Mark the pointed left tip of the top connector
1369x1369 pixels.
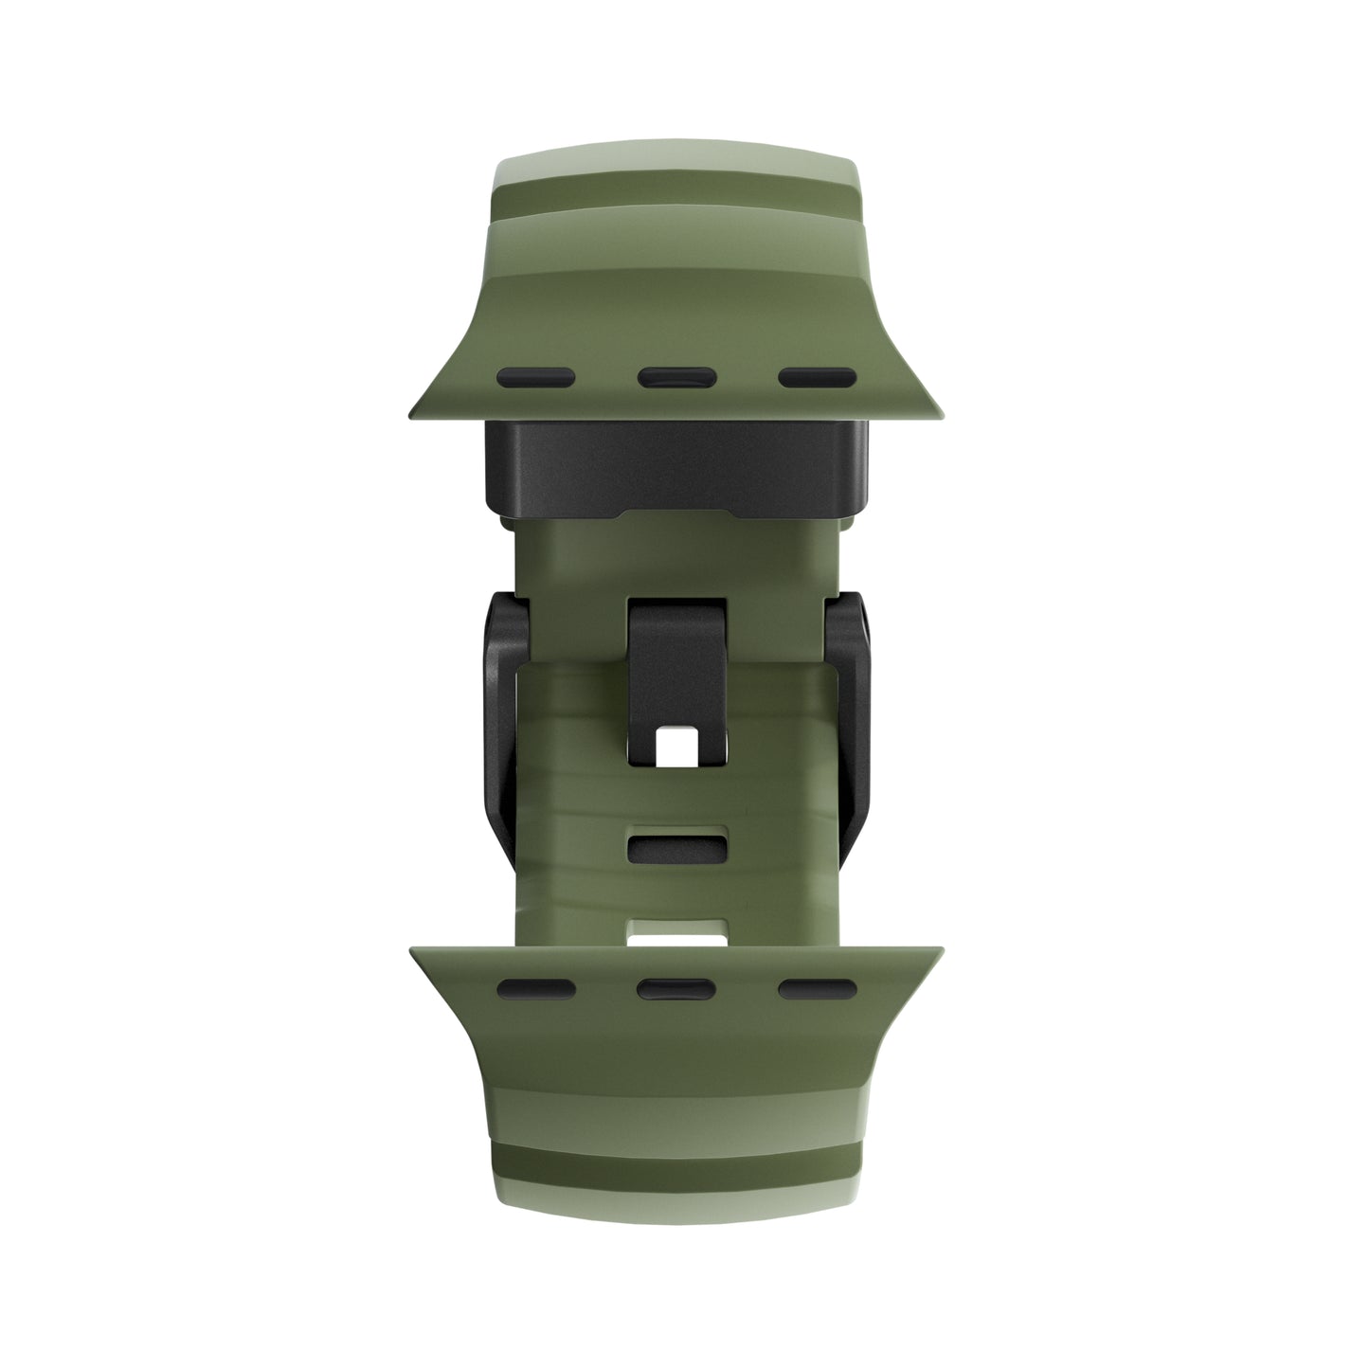pyautogui.click(x=413, y=414)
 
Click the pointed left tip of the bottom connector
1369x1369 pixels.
pyautogui.click(x=413, y=950)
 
